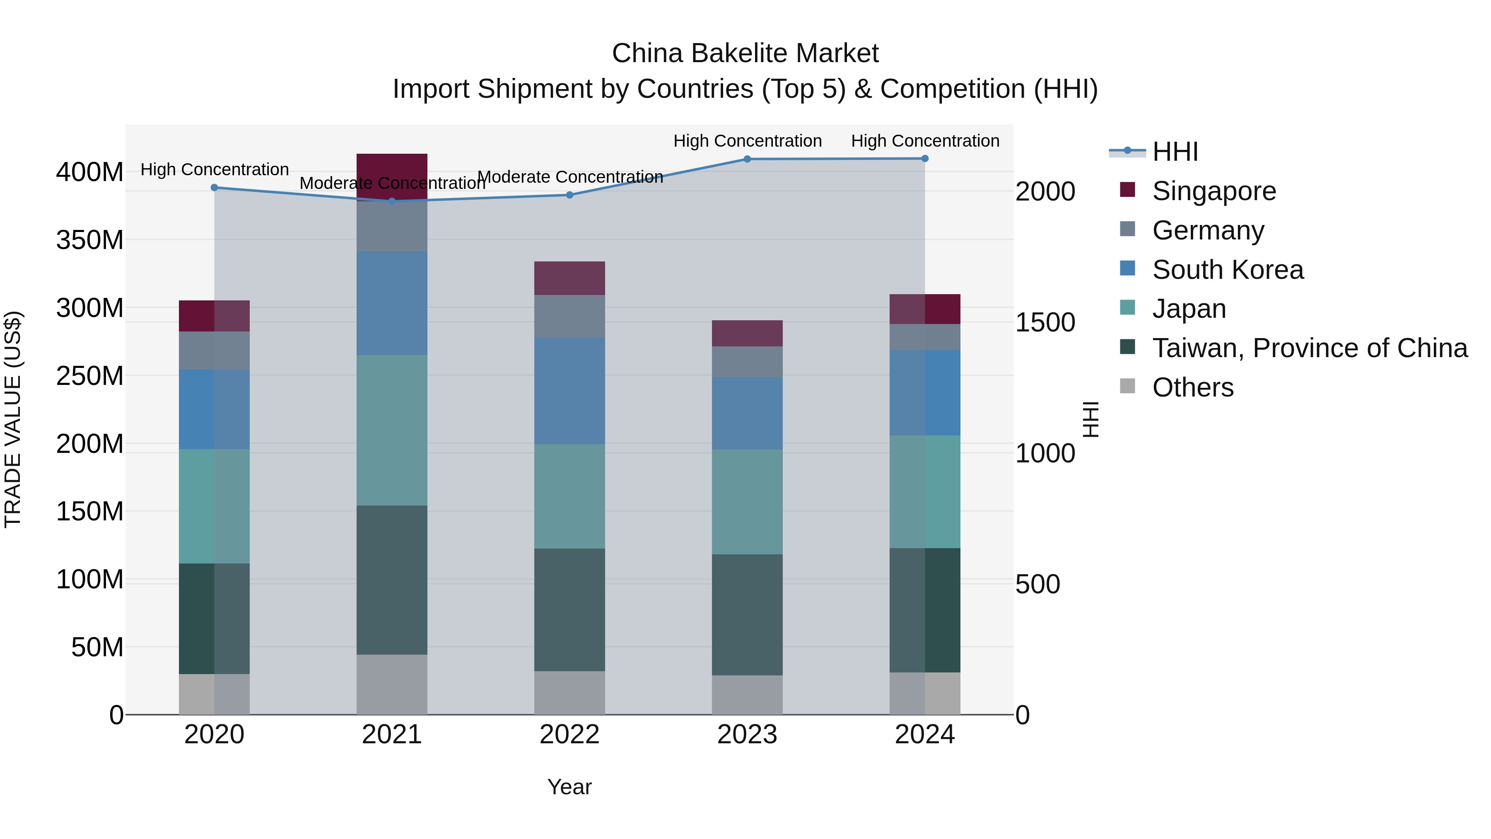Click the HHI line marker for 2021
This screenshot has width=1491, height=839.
(x=392, y=201)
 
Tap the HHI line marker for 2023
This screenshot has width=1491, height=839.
(x=747, y=159)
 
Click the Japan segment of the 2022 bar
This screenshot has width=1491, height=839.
(x=569, y=496)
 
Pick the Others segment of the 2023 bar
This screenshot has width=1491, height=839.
(x=747, y=694)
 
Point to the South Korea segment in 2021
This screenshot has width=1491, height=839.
(x=392, y=303)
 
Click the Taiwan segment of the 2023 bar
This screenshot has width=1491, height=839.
(x=747, y=614)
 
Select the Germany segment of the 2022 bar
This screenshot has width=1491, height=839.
(x=569, y=316)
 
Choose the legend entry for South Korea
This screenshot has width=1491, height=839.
(x=1227, y=270)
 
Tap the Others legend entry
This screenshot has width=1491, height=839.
(x=1192, y=387)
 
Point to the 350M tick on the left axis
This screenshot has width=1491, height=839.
(x=90, y=240)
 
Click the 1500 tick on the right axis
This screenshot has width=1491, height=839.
(x=1045, y=322)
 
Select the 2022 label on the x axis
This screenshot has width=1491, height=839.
(x=569, y=735)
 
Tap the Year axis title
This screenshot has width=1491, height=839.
(x=569, y=787)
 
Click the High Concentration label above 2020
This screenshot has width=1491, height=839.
(x=215, y=169)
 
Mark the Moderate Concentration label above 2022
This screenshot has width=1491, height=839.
(x=570, y=177)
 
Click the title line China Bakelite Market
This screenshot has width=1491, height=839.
(x=745, y=53)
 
